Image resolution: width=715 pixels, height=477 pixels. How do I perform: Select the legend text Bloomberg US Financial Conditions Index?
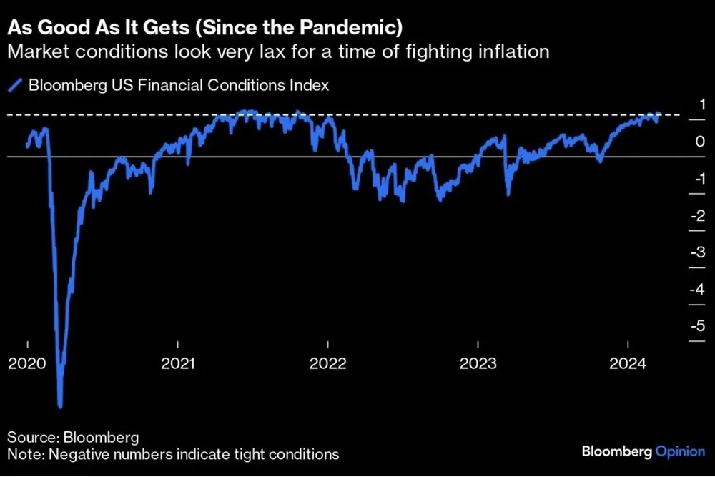pos(178,86)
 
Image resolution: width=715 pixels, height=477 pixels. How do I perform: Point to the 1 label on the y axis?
pos(701,104)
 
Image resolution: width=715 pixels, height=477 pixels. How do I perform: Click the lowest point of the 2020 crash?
pos(60,406)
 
